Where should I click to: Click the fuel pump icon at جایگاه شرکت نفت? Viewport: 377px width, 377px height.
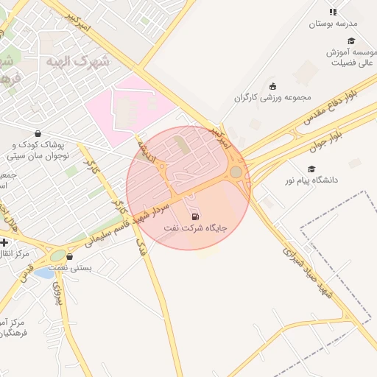(x=195, y=216)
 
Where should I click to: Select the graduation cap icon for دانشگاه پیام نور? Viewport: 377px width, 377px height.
(x=311, y=169)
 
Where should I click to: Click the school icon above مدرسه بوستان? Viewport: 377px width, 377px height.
(x=333, y=12)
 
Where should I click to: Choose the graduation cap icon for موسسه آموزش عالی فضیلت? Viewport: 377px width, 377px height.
(x=351, y=41)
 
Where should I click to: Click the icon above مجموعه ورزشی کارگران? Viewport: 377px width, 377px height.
(x=273, y=86)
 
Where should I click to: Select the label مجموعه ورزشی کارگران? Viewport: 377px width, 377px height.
(x=273, y=97)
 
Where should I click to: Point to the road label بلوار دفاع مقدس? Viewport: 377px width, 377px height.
(x=343, y=102)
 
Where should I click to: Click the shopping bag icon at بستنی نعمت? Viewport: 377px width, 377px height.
(x=69, y=257)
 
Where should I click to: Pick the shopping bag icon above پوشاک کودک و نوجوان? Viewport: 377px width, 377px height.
(x=38, y=133)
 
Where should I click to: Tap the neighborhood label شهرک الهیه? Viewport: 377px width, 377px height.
(x=77, y=61)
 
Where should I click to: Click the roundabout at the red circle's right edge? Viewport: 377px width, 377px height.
(x=236, y=172)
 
